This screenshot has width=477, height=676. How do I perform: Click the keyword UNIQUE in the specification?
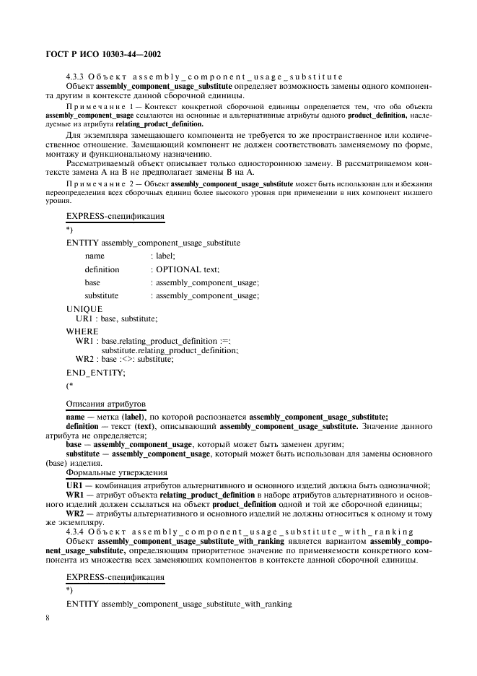coord(84,308)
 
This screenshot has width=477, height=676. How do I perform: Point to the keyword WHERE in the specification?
coord(82,331)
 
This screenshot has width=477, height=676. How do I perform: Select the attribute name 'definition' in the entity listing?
coord(102,269)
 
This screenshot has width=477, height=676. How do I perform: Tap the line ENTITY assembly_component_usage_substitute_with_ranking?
coord(179,604)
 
